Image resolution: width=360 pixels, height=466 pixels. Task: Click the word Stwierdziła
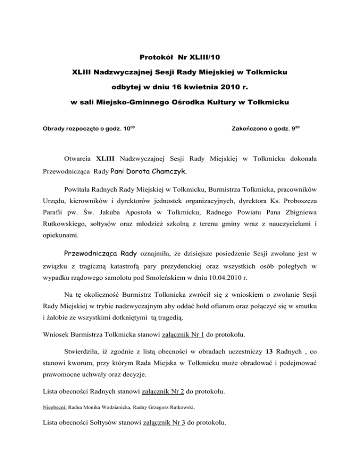tap(82, 352)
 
